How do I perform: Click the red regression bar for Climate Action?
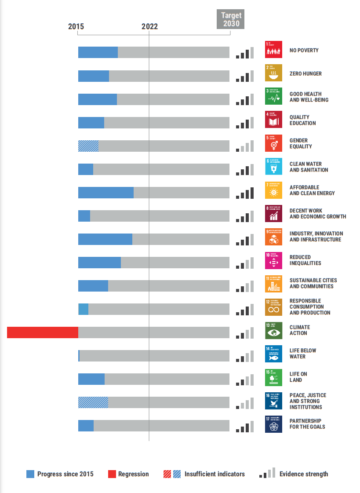(43, 332)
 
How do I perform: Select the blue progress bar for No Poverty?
(98, 52)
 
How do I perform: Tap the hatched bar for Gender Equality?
(88, 146)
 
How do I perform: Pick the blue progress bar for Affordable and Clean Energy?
(106, 193)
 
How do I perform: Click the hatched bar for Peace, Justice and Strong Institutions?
(93, 402)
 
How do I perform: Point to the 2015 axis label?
(76, 26)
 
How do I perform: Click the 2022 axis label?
(149, 26)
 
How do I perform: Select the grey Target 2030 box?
(231, 19)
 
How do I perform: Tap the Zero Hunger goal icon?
(273, 73)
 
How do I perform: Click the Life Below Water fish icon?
(273, 354)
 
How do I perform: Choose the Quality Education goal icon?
(273, 120)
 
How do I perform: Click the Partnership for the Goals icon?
(273, 424)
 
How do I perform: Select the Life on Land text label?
(298, 377)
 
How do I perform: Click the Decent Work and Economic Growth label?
(317, 213)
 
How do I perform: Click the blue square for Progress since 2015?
(30, 474)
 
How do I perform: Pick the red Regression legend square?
(112, 474)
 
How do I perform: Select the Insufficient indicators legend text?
(215, 474)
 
